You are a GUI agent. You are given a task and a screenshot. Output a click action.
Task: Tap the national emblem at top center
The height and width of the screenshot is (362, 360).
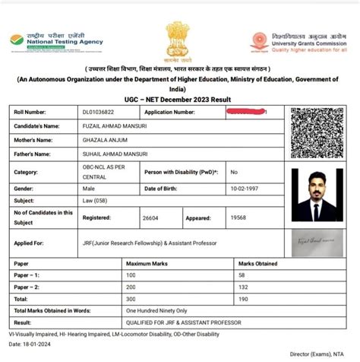[179, 43]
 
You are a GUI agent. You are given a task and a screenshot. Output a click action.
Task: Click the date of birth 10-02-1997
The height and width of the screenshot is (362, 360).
[248, 188]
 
